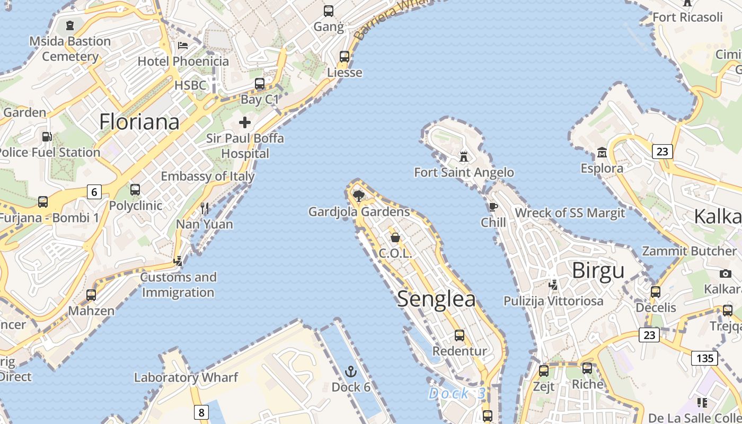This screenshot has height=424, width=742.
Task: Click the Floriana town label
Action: coord(139,122)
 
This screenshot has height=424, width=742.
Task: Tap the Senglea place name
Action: coord(436,299)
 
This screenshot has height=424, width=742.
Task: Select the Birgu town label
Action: coord(598,271)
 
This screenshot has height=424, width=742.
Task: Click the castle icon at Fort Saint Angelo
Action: coord(464,156)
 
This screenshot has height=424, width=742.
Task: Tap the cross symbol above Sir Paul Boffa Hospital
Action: coord(244,122)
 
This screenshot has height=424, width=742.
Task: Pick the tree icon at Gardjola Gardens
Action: coord(359,196)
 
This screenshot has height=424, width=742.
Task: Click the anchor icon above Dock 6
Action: coord(350,371)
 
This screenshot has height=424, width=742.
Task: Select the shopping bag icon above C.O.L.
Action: coord(395,237)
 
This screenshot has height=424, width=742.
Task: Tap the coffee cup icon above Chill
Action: coord(493,207)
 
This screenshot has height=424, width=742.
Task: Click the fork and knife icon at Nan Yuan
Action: coord(205,208)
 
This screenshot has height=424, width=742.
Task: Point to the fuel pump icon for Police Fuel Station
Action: coord(47,137)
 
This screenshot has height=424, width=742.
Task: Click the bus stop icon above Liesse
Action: coord(344,56)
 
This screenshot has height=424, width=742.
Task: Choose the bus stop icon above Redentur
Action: coord(459,335)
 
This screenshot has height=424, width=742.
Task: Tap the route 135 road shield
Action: coord(704,358)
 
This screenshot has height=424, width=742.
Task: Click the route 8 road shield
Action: coord(201,412)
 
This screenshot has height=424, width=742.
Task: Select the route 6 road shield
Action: coord(94,191)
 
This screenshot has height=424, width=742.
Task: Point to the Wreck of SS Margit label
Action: coord(570,213)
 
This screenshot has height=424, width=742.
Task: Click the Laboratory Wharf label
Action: coord(186,377)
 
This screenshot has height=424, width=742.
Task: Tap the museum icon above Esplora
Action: coord(602,153)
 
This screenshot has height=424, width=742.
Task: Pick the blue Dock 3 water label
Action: coord(457,393)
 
